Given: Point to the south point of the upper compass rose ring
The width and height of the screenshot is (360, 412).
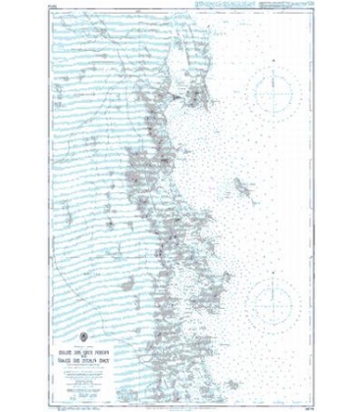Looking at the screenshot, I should [x=270, y=125].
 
